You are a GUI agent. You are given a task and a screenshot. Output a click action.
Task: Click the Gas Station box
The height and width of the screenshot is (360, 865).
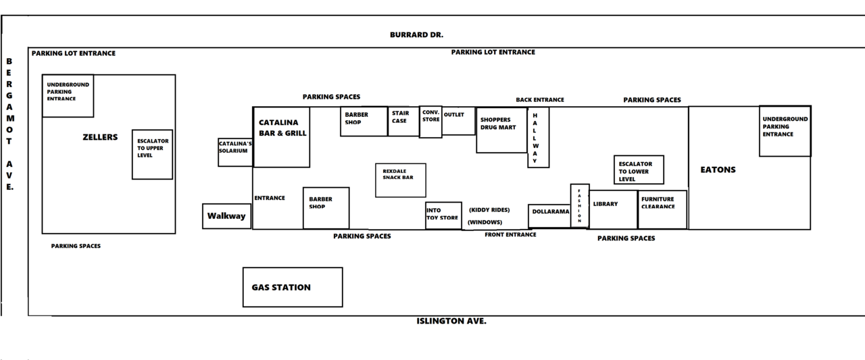(x=292, y=287)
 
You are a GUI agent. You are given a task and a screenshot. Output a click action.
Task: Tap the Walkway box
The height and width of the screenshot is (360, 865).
(x=227, y=216)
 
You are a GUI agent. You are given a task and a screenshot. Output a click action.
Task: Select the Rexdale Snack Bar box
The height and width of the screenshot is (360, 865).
(x=400, y=180)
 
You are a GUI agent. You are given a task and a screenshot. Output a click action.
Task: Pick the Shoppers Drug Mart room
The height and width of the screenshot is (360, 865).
(x=501, y=130)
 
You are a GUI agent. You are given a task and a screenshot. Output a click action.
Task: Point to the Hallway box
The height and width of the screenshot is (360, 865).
(x=538, y=138)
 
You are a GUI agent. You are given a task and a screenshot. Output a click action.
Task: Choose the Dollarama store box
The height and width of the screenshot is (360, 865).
(x=549, y=215)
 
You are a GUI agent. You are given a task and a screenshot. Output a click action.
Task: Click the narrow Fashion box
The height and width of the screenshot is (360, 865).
(x=579, y=205)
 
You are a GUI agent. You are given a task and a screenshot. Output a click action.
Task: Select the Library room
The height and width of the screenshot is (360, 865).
(x=613, y=209)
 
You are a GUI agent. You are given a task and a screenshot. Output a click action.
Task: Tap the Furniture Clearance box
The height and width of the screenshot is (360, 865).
(x=662, y=209)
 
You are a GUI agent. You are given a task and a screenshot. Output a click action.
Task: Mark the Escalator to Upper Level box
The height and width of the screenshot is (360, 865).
(x=152, y=154)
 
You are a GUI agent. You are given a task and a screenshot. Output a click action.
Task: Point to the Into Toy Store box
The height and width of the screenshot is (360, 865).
(x=443, y=215)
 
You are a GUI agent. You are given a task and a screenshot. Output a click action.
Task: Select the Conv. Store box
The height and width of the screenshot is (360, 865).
(x=430, y=122)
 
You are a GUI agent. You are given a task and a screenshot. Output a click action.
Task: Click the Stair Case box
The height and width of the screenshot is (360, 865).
(x=403, y=122)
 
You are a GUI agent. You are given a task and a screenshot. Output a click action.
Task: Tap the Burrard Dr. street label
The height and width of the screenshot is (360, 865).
(x=416, y=34)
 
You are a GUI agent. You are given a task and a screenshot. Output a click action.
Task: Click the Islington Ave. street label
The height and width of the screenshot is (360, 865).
(x=451, y=321)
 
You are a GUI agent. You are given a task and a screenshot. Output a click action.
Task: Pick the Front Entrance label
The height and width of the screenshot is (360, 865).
(x=510, y=235)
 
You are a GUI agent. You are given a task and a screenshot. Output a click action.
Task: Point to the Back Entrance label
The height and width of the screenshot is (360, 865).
(x=539, y=100)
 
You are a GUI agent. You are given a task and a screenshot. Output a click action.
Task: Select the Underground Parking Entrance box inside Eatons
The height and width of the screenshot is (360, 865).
(x=785, y=131)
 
